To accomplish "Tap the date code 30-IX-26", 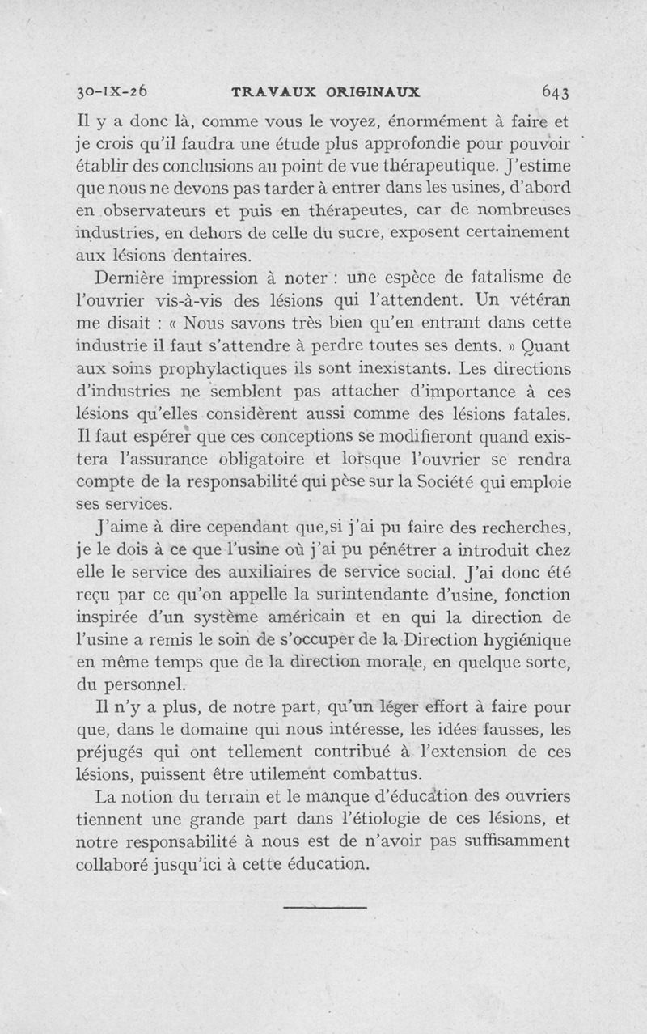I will point(113,91).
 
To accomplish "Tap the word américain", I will point(320,617).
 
